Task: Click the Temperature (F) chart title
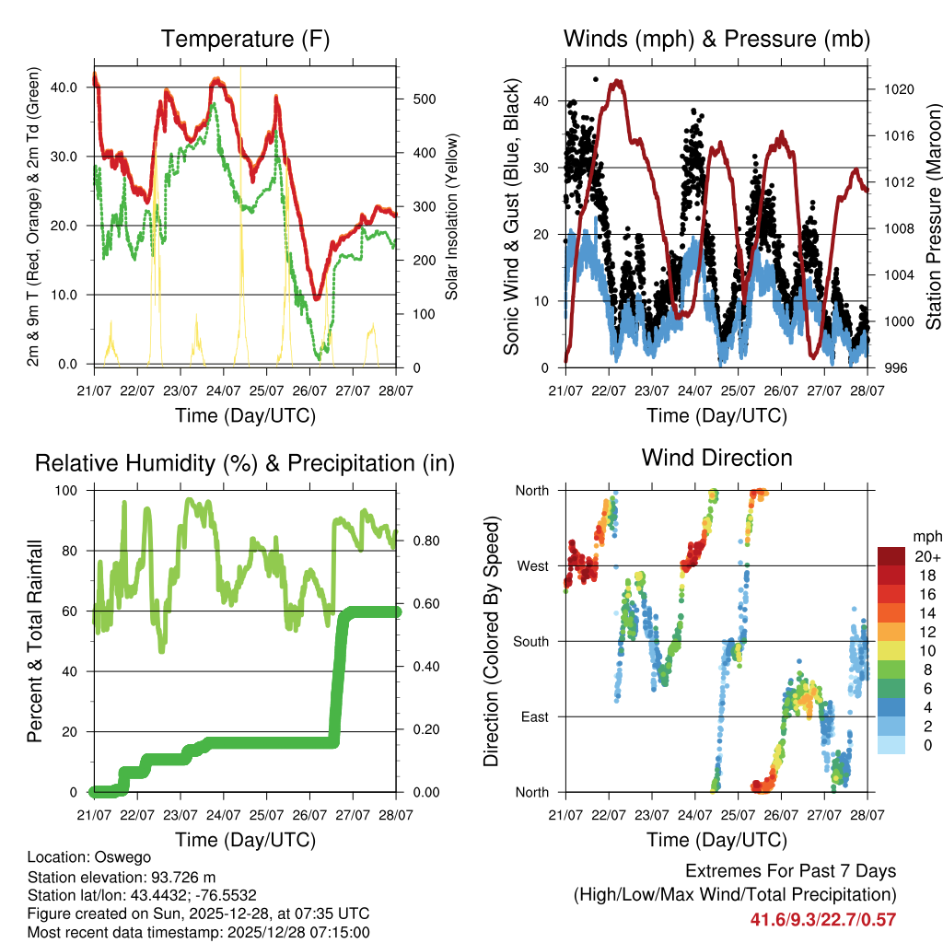coord(245,39)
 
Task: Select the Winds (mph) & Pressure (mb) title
coord(716,39)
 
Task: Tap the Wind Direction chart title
coord(716,457)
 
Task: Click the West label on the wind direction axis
coord(531,565)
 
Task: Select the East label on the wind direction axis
coord(533,716)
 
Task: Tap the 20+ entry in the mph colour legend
coord(926,556)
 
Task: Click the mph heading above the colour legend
coord(925,536)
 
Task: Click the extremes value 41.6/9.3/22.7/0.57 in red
coord(823,919)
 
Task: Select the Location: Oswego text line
coord(89,857)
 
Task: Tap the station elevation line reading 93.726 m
coord(122,877)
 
